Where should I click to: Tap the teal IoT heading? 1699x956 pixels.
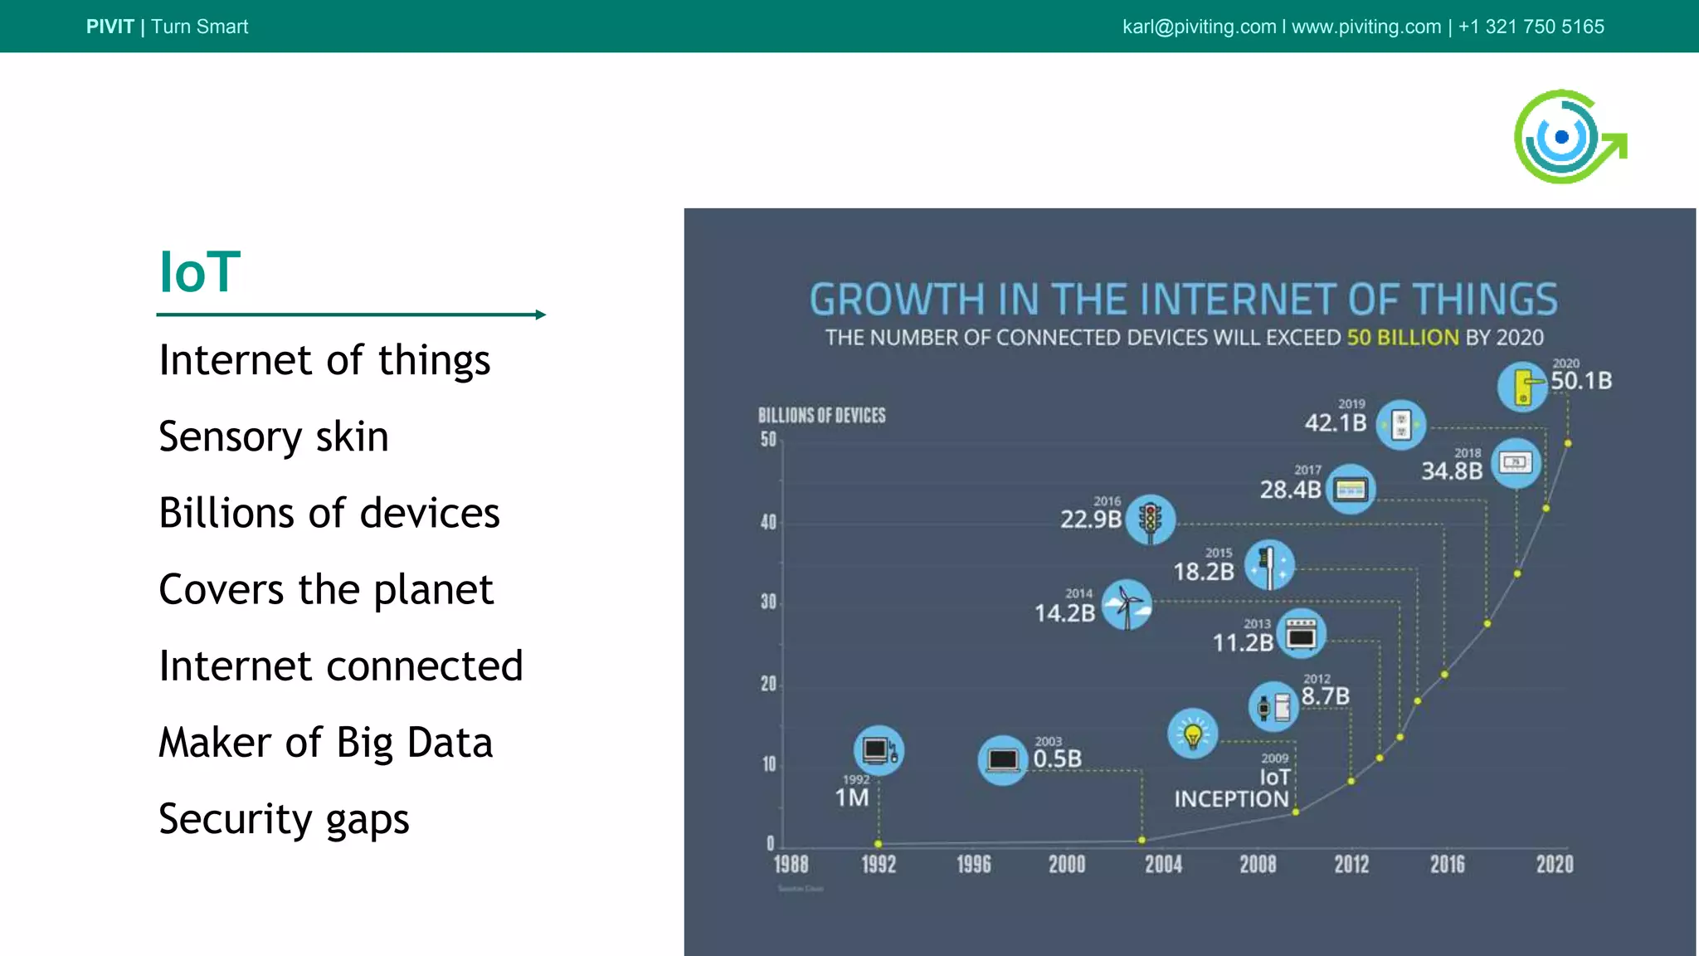tap(199, 272)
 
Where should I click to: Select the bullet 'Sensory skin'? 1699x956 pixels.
tap(273, 437)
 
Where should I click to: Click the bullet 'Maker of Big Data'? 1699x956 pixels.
tap(325, 742)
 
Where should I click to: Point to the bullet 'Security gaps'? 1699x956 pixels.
tap(284, 819)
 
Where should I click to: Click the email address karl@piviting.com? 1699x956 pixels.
tap(1199, 27)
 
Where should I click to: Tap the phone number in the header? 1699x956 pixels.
tap(1531, 27)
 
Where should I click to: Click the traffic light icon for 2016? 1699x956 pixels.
tap(1150, 520)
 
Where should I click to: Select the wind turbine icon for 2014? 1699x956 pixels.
tap(1126, 605)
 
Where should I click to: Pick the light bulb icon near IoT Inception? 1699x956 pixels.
tap(1192, 734)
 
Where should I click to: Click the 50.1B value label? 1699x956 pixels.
tap(1581, 381)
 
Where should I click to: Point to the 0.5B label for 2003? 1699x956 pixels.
tap(1057, 758)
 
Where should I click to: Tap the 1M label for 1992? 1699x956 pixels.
tap(852, 797)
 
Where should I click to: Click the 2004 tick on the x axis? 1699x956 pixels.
tap(1163, 865)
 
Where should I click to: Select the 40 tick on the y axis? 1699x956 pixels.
tap(768, 522)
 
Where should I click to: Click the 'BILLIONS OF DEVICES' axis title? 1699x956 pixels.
tap(821, 416)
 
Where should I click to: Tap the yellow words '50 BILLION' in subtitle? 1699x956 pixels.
tap(1402, 338)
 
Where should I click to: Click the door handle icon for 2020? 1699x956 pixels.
tap(1522, 387)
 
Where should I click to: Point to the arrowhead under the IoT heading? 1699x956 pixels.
tap(541, 315)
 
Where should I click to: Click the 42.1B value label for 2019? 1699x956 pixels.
tap(1335, 423)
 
